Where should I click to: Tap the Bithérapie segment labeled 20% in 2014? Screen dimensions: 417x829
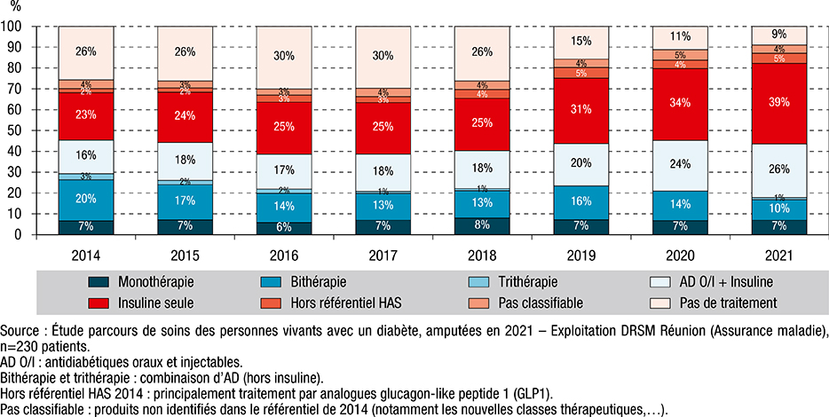pyautogui.click(x=85, y=199)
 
